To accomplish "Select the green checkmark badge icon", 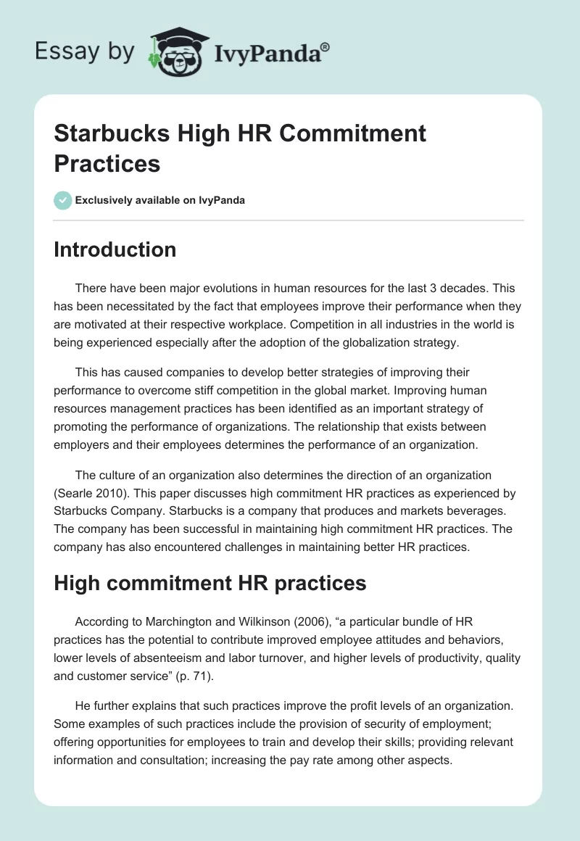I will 63,200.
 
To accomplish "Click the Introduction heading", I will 115,249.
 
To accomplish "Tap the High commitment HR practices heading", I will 210,582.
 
